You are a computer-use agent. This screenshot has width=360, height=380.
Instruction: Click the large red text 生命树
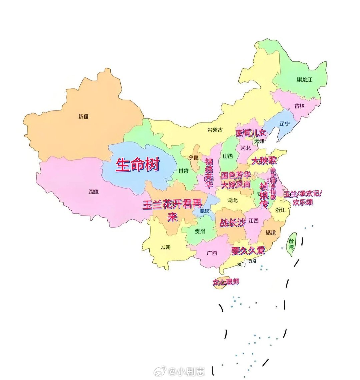138,165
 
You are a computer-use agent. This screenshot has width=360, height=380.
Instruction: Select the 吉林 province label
299,106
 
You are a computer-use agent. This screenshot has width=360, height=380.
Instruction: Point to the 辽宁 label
284,124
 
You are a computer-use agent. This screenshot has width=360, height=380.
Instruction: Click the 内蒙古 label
215,130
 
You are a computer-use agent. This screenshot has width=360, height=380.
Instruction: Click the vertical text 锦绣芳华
209,173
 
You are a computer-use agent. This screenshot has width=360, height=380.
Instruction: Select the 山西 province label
228,156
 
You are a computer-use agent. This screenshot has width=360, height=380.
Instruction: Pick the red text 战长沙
232,223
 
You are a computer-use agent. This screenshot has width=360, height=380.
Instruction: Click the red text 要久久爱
248,251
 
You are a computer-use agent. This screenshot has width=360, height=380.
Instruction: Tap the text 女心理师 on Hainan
226,282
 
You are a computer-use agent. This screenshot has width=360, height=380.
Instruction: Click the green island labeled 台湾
291,245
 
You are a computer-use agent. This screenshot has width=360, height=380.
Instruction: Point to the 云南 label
165,247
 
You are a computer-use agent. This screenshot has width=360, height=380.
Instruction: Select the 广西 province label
212,253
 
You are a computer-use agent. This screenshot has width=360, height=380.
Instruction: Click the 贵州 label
200,232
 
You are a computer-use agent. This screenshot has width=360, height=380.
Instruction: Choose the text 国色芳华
236,175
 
